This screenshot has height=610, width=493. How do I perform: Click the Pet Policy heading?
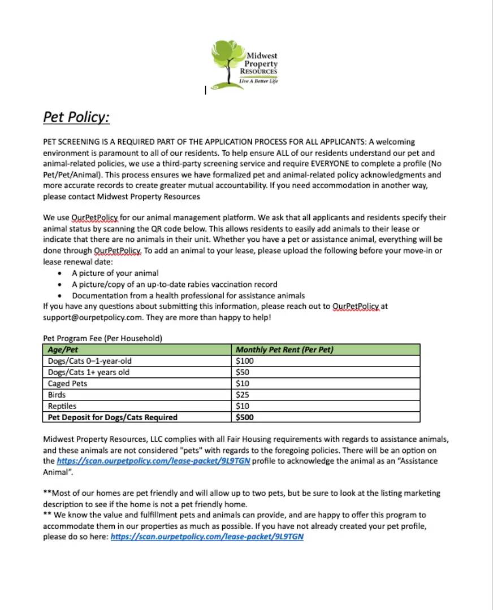[x=76, y=117]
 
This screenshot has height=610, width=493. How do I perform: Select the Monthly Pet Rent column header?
[x=284, y=350]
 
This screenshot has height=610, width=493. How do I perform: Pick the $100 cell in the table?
[x=245, y=361]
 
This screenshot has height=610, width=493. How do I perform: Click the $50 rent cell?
[x=243, y=372]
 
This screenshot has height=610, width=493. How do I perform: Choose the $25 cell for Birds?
[x=243, y=395]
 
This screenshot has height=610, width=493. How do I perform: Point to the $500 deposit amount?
[x=245, y=417]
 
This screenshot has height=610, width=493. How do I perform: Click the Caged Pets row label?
[x=67, y=384]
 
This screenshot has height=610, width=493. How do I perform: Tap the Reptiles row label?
[x=62, y=406]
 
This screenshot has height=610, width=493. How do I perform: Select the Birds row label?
[x=57, y=395]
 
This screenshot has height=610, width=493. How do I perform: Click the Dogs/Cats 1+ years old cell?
[x=89, y=372]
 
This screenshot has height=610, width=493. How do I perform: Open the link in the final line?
[x=207, y=537]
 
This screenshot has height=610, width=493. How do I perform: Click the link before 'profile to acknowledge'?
[x=153, y=461]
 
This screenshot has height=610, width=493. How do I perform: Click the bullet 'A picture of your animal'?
[x=115, y=273]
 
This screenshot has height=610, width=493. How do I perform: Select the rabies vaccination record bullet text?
[x=174, y=285]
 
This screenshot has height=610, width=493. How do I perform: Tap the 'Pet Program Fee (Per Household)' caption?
[x=102, y=338]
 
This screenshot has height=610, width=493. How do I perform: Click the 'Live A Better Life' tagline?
[x=258, y=81]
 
